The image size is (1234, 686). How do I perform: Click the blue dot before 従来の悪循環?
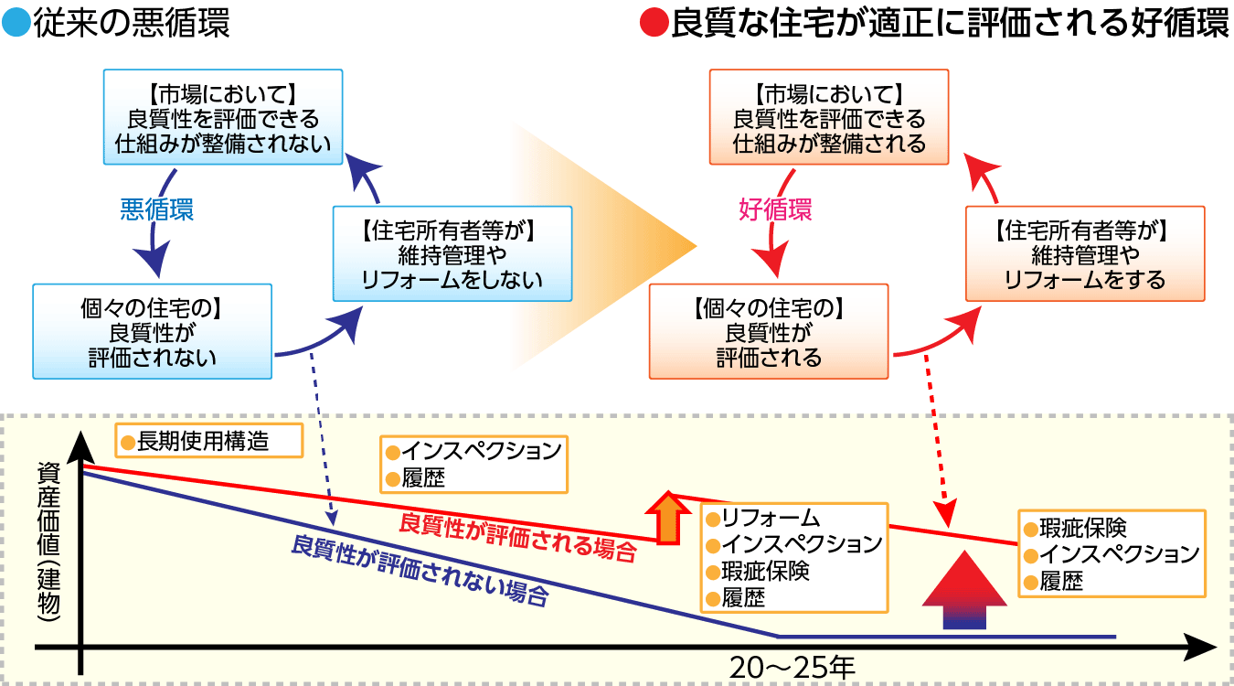[x=16, y=23]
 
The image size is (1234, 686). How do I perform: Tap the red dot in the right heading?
[x=654, y=23]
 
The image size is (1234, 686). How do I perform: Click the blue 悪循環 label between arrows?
[x=156, y=209]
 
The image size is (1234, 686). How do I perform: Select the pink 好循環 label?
[x=774, y=209]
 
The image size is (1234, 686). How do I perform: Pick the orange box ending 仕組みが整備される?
[x=829, y=119]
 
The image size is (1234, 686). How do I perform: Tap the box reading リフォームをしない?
[x=452, y=253]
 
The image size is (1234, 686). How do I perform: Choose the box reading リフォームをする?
[x=1085, y=253]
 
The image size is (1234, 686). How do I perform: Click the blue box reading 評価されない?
[x=152, y=330]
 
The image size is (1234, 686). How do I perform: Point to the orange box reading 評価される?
[x=768, y=330]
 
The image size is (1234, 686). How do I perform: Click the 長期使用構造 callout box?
[x=208, y=441]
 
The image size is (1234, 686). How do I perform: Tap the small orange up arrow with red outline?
[x=670, y=519]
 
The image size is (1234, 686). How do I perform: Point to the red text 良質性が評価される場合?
[x=517, y=537]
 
